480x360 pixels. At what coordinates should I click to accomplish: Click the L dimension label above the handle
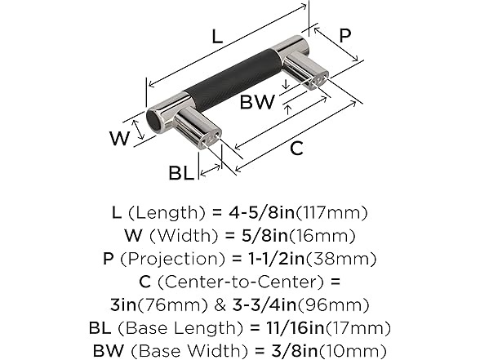(217, 37)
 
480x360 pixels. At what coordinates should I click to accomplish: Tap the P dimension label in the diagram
(345, 36)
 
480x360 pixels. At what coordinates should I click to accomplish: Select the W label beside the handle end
(120, 139)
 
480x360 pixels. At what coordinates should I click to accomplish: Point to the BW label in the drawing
(258, 102)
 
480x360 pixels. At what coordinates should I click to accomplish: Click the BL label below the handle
(181, 173)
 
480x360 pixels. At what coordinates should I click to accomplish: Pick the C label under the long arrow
(296, 149)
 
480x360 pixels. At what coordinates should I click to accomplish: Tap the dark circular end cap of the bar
(153, 121)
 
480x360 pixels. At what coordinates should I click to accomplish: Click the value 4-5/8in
(262, 212)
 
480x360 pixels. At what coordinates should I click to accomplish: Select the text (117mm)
(331, 213)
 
